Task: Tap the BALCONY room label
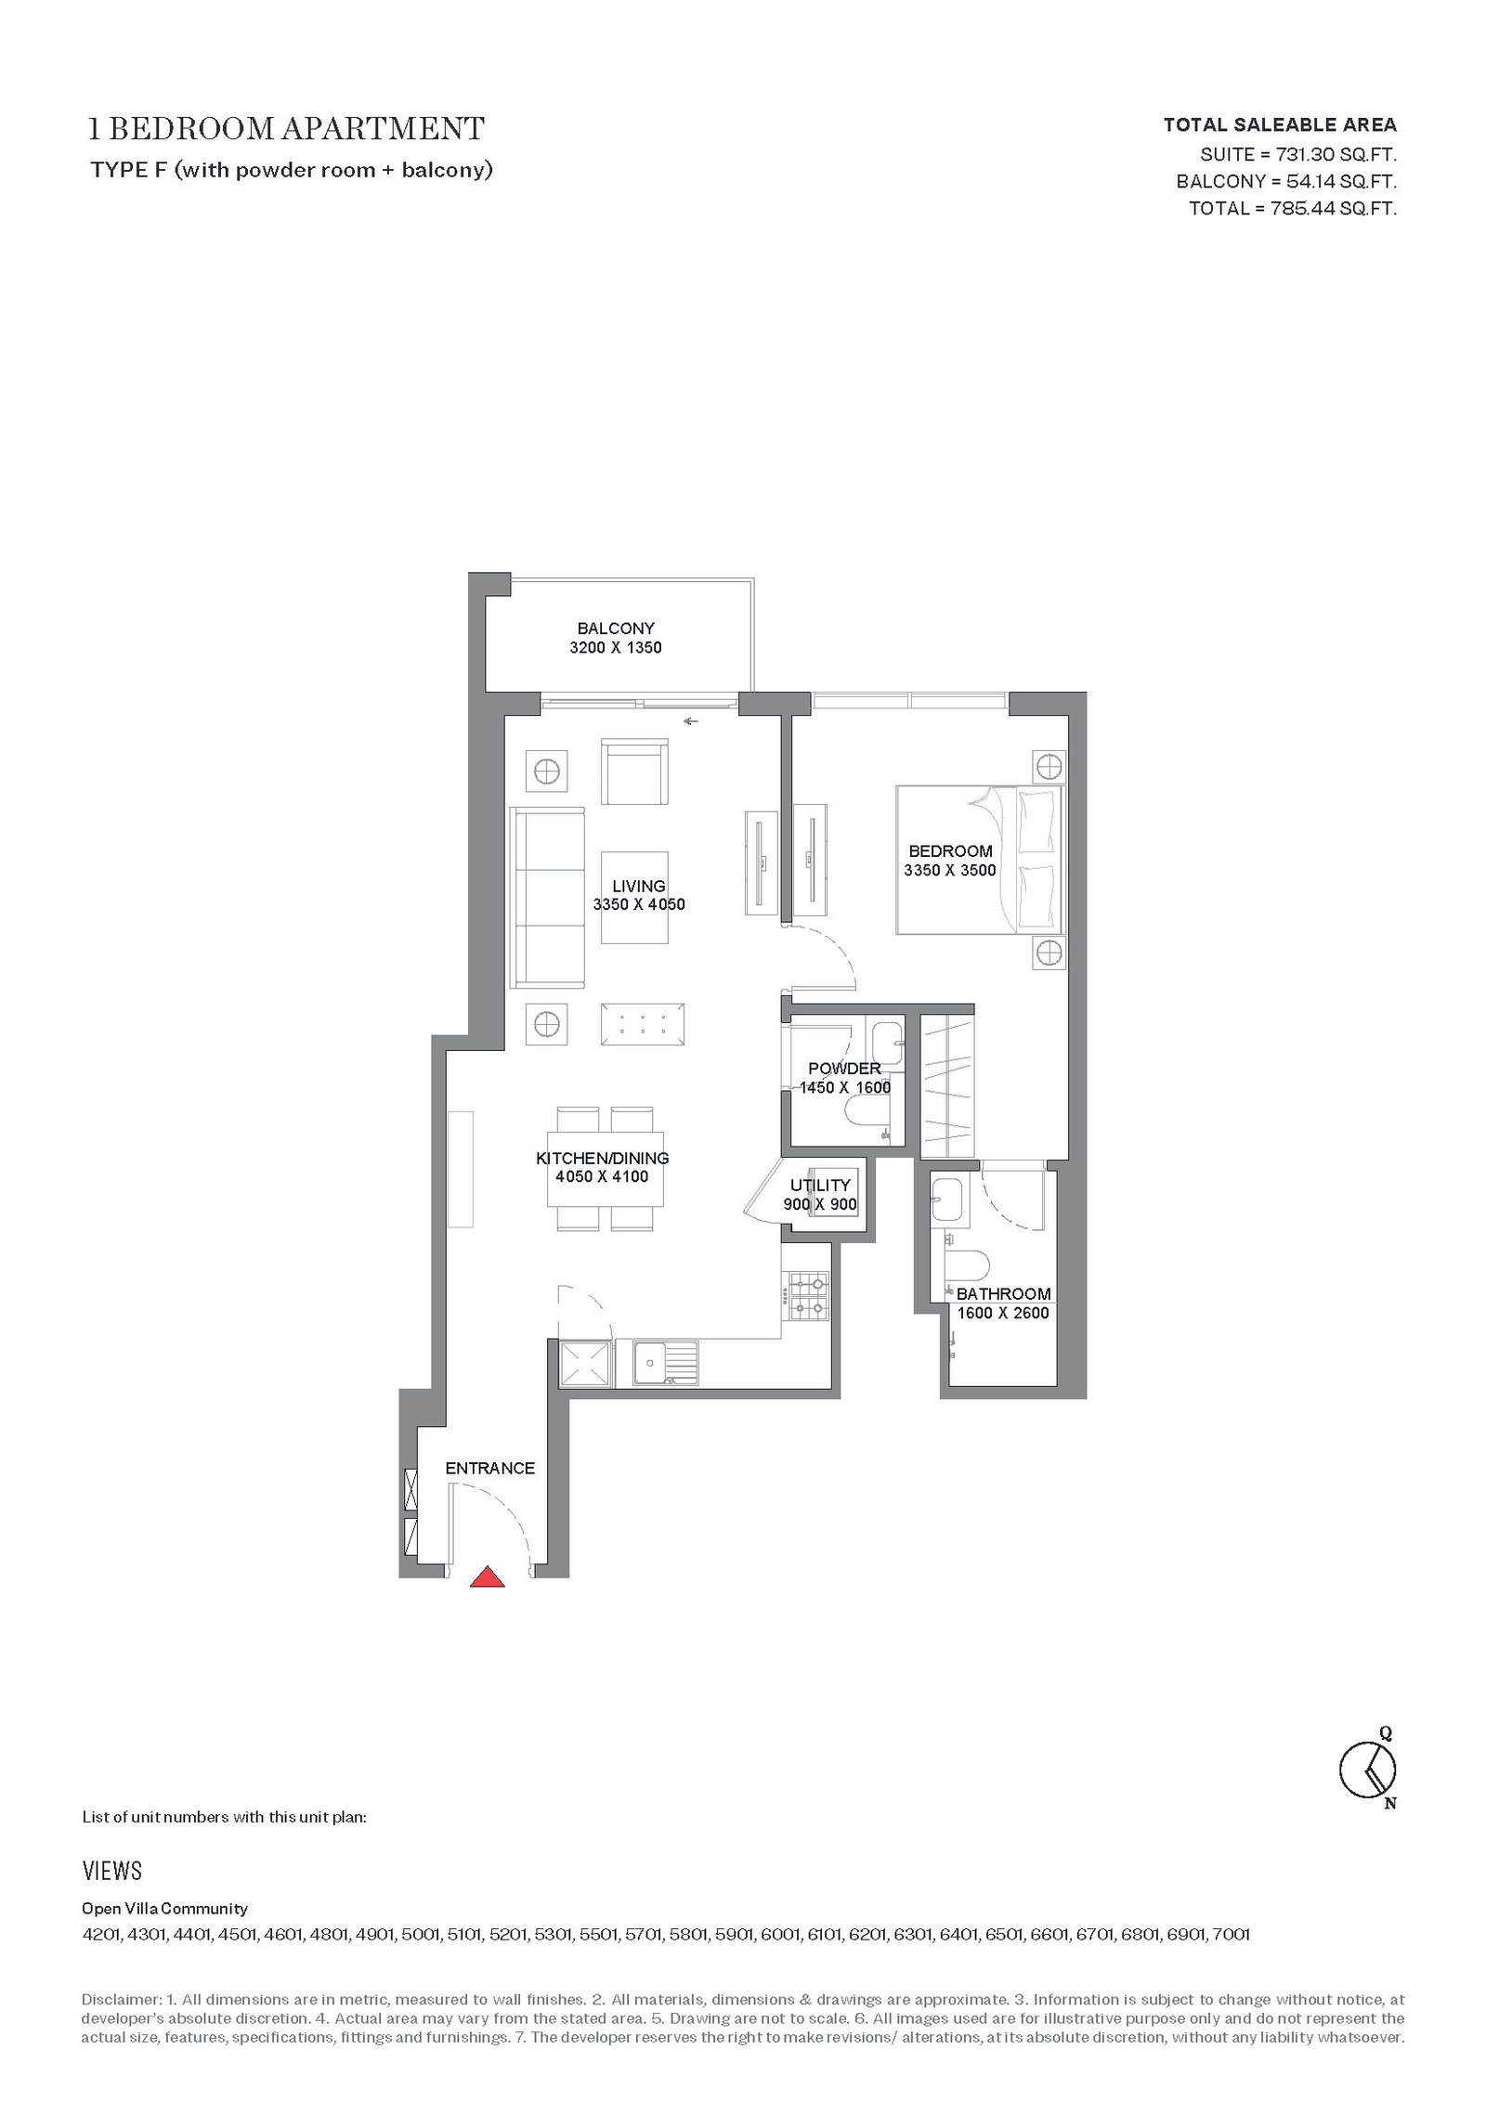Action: (616, 629)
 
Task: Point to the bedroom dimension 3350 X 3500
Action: (949, 870)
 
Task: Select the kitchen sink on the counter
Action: (665, 1363)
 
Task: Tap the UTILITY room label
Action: (820, 1185)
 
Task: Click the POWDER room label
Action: (844, 1069)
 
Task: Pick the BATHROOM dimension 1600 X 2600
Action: (1003, 1313)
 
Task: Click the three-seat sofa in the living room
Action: (548, 899)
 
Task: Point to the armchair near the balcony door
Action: (634, 772)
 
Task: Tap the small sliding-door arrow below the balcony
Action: (691, 721)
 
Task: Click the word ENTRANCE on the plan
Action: (489, 1468)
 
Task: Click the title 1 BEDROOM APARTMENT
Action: (285, 128)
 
